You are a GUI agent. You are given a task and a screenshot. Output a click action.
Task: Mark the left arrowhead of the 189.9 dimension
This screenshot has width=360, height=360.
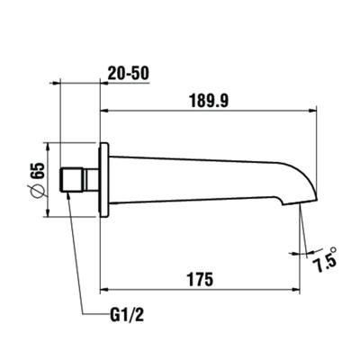coord(103,112)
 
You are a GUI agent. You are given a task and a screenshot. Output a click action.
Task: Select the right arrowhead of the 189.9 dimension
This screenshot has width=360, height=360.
coord(317,112)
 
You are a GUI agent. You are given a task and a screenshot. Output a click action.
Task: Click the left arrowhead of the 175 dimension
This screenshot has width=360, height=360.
coord(103,289)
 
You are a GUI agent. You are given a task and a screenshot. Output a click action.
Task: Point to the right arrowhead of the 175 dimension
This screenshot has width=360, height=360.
coord(294,289)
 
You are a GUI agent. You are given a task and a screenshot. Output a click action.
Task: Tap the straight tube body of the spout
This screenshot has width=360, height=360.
coord(198,178)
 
